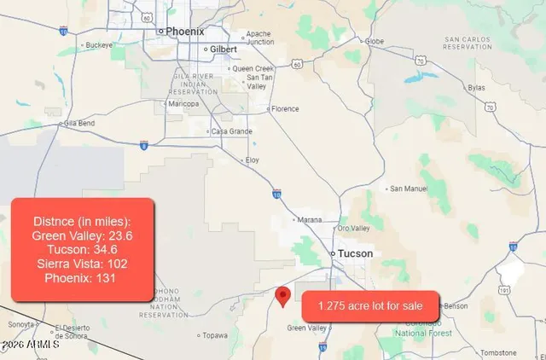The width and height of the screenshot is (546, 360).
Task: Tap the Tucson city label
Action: click(355, 253)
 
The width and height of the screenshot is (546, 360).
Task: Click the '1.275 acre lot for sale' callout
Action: click(370, 305)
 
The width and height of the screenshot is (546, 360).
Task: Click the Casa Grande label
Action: click(232, 131)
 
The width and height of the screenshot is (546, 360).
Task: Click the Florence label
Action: click(285, 108)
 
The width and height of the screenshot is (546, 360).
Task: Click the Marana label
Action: click(310, 219)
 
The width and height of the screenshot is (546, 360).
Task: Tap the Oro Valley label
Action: click(354, 228)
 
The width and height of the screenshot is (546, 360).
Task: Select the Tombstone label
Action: click(498, 352)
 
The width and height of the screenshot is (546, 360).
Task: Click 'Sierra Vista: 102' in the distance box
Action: click(82, 264)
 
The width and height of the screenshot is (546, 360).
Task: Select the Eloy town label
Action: click(251, 160)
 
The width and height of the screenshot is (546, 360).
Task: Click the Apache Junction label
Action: click(258, 38)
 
